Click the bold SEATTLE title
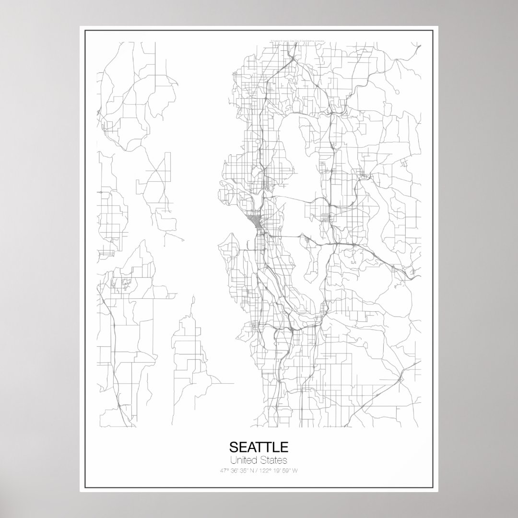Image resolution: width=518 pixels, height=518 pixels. (259, 447)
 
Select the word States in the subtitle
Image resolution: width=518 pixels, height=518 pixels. (274, 460)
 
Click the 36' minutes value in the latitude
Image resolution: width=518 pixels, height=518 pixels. (234, 470)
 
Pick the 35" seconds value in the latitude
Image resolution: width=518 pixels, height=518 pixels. (244, 470)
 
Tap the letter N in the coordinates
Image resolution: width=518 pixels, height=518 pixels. (252, 470)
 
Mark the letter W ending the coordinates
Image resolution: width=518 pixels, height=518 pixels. (295, 470)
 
